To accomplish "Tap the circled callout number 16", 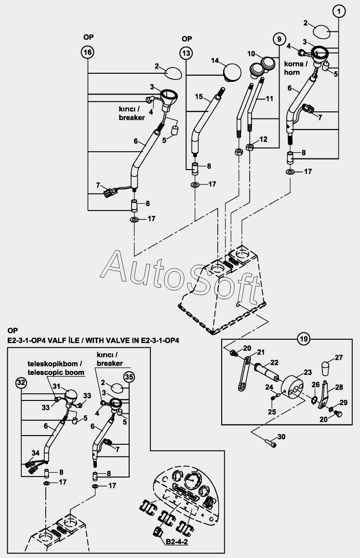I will pos(87,53).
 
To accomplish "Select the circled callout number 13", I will pos(187,53).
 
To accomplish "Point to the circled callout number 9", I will pos(279,38).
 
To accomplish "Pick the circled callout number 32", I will pos(21,383).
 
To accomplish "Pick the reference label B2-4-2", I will pos(178,543).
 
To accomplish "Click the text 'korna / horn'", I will pos(292,68).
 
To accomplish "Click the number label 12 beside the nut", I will pos(263,139).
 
